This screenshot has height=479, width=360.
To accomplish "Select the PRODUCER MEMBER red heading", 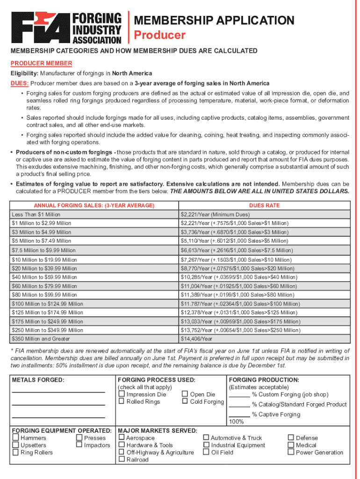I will click(x=42, y=63).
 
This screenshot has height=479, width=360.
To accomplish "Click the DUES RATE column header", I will click(x=264, y=205).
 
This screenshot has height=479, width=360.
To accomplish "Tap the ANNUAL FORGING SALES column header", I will click(x=94, y=205).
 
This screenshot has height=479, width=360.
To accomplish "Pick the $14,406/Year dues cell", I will click(x=196, y=339).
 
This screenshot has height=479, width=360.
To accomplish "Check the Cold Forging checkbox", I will click(x=185, y=401).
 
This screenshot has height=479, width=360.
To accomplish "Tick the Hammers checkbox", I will click(x=16, y=438).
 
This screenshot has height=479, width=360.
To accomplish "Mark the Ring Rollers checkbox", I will click(x=16, y=452).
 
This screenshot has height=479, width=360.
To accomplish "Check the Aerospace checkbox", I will click(x=122, y=438).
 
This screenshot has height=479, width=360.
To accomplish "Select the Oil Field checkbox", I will click(x=206, y=452).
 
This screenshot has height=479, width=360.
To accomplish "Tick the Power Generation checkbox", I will click(x=291, y=452).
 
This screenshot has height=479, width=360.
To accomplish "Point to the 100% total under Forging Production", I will click(x=236, y=422).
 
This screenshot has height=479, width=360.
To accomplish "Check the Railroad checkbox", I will click(x=122, y=459).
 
